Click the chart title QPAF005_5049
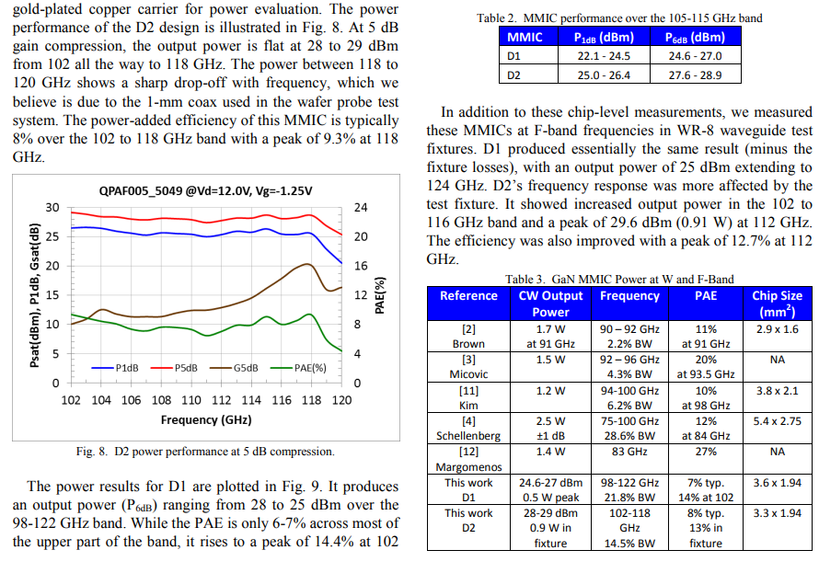tap(206, 191)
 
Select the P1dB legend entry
tap(115, 368)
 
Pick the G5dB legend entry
tap(234, 368)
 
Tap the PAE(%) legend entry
tap(298, 368)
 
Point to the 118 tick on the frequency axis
tap(311, 400)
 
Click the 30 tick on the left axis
tap(52, 208)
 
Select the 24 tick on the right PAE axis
tap(361, 208)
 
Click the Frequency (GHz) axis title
tap(206, 420)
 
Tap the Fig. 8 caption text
tap(205, 452)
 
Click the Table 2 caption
tap(619, 18)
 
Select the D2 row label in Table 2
tap(514, 75)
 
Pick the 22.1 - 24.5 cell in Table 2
tap(604, 56)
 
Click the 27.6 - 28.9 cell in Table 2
tap(695, 75)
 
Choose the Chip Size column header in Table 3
tap(777, 304)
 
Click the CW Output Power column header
tap(550, 304)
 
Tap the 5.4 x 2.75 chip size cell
tap(778, 421)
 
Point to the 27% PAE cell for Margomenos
tap(706, 452)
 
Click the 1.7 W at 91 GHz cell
tap(550, 337)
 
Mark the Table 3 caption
tap(619, 280)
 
